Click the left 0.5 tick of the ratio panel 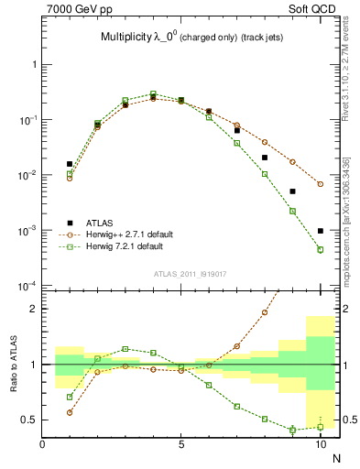(x=29, y=420)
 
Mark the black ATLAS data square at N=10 (x=321, y=231)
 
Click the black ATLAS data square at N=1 (x=70, y=164)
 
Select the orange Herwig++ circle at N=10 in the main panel (x=321, y=184)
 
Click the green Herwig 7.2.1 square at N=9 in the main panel (x=292, y=211)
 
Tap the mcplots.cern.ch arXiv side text (x=345, y=220)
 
